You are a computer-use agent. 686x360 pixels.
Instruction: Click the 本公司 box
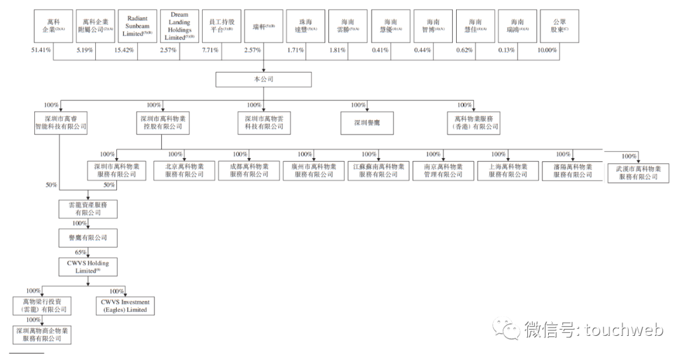point(263,79)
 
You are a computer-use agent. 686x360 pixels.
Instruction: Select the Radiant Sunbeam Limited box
point(137,27)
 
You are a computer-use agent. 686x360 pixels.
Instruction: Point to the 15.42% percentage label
point(124,50)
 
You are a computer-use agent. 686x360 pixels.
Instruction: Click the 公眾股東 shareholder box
point(560,27)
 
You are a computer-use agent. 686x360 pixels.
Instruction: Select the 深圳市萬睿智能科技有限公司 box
point(60,123)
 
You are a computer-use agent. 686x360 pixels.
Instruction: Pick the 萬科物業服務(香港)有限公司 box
point(474,123)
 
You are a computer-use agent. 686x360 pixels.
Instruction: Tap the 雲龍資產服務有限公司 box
point(88,210)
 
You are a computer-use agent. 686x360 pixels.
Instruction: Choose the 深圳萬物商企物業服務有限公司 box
point(43,335)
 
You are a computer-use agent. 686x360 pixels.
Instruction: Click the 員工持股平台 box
point(221,27)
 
